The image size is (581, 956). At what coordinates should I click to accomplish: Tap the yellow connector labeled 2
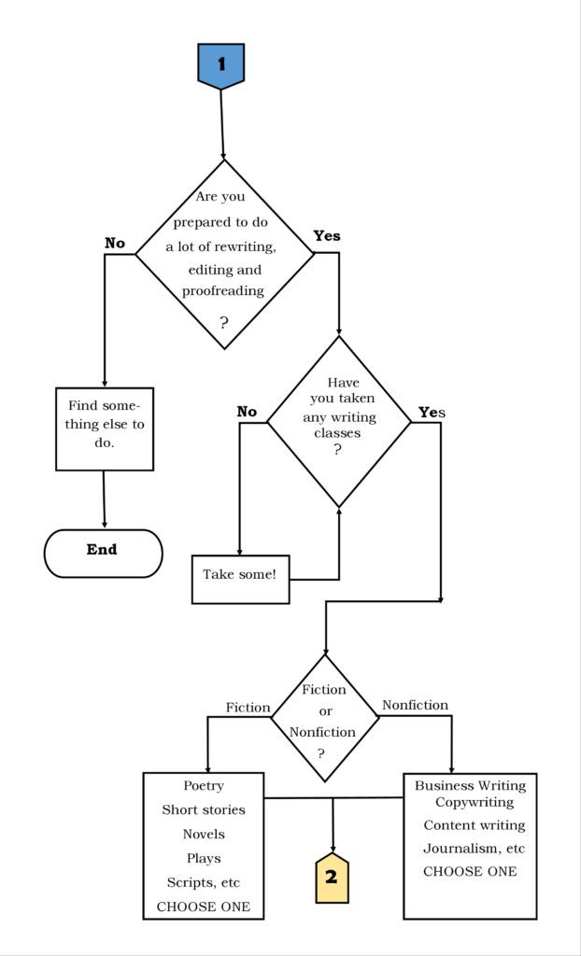(332, 877)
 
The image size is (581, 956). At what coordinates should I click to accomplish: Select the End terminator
(103, 553)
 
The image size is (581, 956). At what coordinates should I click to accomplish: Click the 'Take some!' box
(240, 579)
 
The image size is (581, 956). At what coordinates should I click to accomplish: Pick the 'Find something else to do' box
(105, 429)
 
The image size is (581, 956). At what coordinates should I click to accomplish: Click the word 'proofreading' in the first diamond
(223, 291)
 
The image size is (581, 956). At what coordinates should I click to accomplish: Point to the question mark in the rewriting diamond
(224, 322)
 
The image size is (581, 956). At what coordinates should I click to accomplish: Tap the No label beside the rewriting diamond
(115, 244)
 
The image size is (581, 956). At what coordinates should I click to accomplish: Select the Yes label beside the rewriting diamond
(327, 236)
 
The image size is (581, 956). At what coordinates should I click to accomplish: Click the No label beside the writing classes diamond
(247, 412)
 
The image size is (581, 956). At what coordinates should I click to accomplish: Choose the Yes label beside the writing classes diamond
(432, 413)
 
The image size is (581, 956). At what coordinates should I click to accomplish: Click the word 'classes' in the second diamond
(337, 433)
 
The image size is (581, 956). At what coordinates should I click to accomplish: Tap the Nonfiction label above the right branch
(415, 706)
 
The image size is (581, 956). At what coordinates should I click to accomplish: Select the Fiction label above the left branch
(248, 708)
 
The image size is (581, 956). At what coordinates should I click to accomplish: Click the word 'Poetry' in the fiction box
(204, 786)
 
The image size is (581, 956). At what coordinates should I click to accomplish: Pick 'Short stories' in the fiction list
(204, 810)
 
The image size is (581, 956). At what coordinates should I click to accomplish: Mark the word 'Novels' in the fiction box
(204, 834)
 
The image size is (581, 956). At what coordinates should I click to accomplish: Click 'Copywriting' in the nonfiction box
(475, 802)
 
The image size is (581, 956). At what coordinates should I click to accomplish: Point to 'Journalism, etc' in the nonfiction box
(475, 849)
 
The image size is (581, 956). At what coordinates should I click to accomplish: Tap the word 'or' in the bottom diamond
(325, 711)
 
